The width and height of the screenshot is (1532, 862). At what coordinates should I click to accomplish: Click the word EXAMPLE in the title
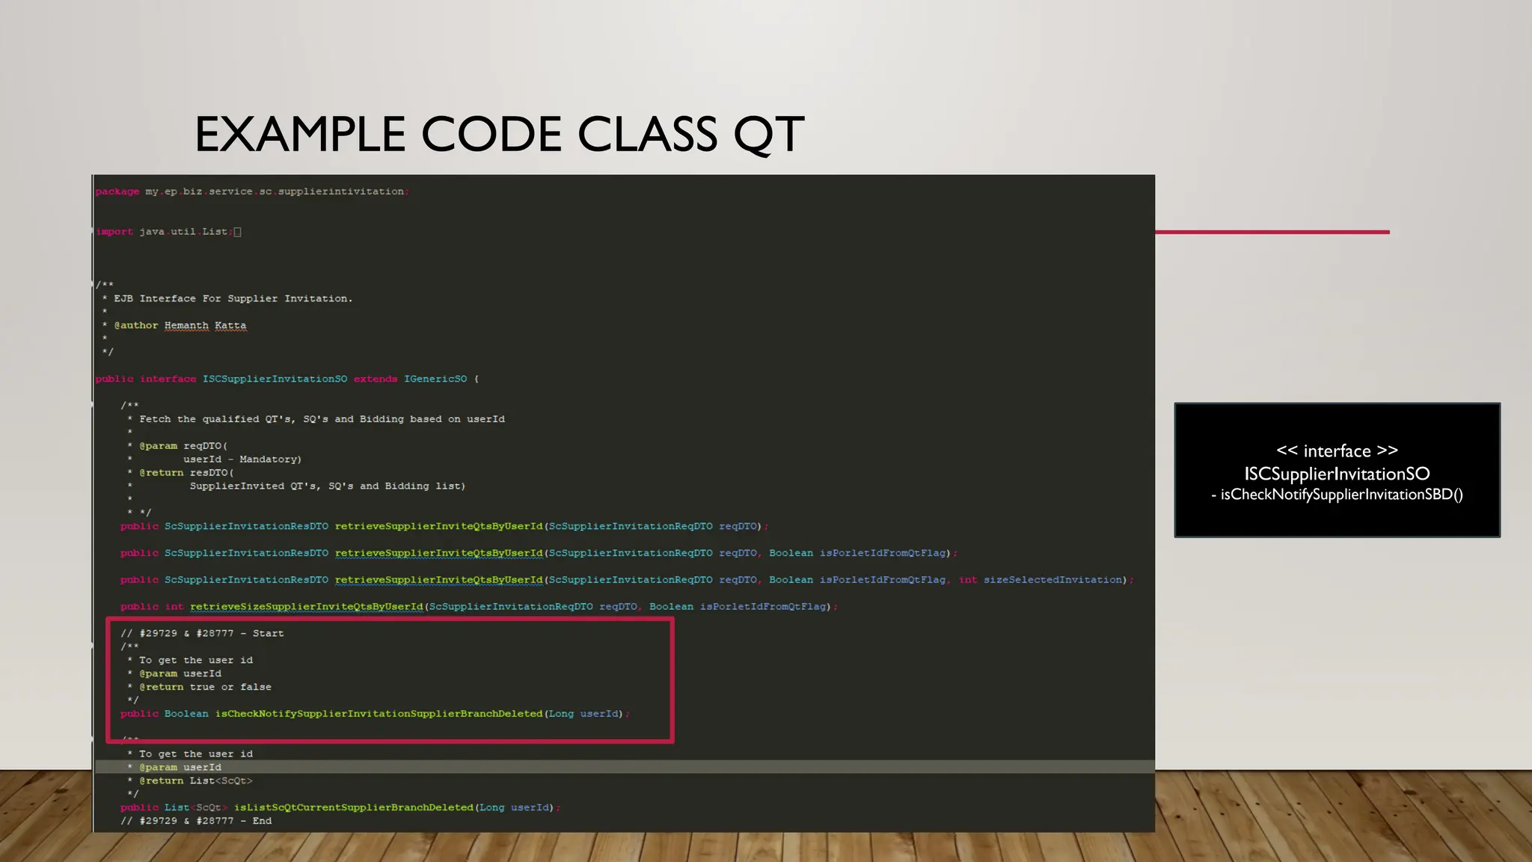tap(300, 135)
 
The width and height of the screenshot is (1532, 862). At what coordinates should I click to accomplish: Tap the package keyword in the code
tap(117, 192)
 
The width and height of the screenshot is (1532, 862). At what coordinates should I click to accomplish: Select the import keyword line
tap(114, 232)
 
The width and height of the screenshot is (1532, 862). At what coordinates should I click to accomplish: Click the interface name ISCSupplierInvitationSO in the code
tap(275, 379)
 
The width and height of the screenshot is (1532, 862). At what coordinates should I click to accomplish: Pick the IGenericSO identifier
tap(435, 379)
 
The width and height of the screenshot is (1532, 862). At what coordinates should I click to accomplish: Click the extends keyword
tap(376, 379)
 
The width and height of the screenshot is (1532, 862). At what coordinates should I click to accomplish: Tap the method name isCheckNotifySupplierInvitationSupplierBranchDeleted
tap(379, 714)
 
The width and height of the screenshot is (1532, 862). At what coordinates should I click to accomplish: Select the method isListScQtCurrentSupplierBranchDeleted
tap(353, 807)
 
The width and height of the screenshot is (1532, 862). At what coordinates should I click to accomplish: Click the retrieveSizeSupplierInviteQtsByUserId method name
tap(306, 607)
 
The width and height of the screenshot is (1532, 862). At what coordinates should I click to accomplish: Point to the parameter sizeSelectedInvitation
tap(1053, 580)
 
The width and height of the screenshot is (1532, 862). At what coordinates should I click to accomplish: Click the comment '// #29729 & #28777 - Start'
tap(202, 634)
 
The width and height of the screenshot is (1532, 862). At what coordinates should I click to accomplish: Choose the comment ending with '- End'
tap(196, 821)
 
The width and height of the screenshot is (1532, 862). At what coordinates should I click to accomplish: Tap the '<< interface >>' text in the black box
tap(1337, 450)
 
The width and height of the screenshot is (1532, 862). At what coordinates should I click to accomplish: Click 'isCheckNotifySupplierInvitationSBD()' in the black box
tap(1341, 495)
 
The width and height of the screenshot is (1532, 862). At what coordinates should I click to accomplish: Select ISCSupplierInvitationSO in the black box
tap(1337, 474)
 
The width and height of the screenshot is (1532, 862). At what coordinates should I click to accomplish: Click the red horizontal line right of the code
tap(1272, 232)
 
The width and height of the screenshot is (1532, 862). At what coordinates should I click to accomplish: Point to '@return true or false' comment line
tap(205, 687)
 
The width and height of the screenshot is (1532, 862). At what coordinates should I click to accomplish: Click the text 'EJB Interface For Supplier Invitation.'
tap(233, 299)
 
